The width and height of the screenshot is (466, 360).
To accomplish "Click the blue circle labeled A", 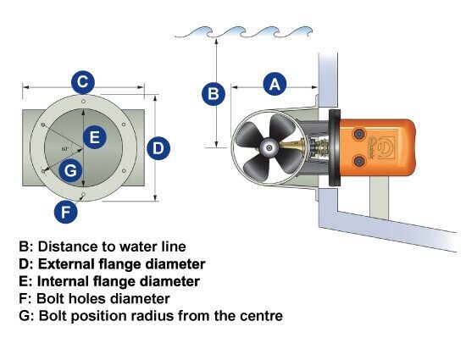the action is pos(275,84).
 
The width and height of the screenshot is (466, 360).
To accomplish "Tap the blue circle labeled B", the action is pos(214,93).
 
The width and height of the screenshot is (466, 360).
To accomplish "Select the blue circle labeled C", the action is pos(83,82).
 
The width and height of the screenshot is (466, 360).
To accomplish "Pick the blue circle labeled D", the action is pos(158,148).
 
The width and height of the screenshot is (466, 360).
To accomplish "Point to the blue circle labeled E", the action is pos(95,137).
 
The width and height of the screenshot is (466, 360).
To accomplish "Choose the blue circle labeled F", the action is pos(66,212).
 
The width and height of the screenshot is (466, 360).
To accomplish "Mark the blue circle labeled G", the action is pos(70,171).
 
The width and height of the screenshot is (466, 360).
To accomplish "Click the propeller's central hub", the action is pos(269,147).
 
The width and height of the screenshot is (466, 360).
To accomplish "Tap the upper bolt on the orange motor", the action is pos(359,134).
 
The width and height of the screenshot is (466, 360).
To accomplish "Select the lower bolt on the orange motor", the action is pos(359,161).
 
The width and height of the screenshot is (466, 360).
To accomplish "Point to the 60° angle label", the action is pos(65,149).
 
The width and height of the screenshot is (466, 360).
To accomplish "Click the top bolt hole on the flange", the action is pos(84,102).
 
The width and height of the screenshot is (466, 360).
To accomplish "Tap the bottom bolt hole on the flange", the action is pos(84,195).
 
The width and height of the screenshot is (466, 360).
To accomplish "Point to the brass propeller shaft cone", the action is pos(292,146).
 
